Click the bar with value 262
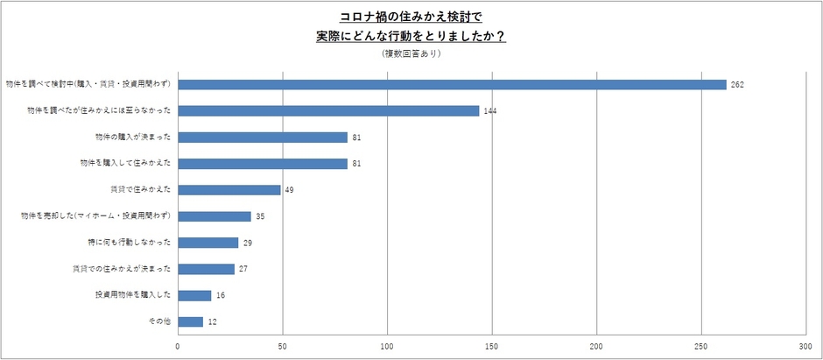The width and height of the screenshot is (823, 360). (452, 84)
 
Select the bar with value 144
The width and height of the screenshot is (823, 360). (328, 110)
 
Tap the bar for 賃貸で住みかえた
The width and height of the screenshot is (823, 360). (229, 189)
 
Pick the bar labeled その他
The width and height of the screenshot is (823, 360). (190, 321)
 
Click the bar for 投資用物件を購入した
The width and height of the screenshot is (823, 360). (194, 295)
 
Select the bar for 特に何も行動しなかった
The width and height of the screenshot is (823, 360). (208, 242)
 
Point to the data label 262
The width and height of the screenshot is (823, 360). (737, 85)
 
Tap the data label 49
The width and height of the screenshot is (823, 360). (290, 190)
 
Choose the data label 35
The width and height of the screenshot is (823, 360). (260, 216)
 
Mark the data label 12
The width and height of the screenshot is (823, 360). (212, 322)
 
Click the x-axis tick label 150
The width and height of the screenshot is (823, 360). (493, 347)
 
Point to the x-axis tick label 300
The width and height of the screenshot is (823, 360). (806, 347)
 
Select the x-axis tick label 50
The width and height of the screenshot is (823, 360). (283, 347)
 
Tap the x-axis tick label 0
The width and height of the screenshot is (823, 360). (178, 347)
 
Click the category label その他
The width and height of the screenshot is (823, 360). (158, 321)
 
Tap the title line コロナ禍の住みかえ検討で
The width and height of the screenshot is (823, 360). (411, 17)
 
